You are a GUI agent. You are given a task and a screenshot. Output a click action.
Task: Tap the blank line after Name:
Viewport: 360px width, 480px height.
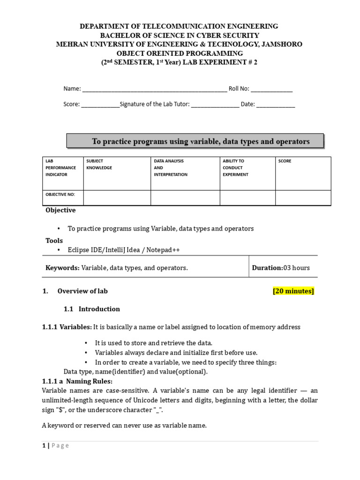pos(154,90)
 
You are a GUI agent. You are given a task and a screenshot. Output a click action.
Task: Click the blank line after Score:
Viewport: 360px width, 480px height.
pos(100,105)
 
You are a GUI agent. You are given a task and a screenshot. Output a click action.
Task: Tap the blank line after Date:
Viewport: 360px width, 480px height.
pos(276,105)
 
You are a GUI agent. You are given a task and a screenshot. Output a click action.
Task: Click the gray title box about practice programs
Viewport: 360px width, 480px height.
pos(195,141)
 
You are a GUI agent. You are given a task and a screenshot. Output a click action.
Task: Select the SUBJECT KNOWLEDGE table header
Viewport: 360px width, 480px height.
pos(99,165)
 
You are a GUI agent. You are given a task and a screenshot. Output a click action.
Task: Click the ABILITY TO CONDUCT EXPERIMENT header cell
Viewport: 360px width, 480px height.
pos(236,168)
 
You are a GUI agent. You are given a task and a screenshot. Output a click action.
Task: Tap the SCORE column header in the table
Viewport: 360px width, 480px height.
pos(285,161)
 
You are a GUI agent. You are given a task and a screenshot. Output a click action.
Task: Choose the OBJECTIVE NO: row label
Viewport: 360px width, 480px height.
pos(60,195)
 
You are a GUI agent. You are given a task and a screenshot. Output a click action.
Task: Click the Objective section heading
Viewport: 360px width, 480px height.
pos(60,210)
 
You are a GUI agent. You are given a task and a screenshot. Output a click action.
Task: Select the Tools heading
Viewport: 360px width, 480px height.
pos(54,240)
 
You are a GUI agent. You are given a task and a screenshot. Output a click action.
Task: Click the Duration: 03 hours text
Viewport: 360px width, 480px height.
pos(281,268)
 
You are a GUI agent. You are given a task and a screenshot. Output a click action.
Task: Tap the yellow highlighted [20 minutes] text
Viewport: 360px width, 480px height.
pos(293,291)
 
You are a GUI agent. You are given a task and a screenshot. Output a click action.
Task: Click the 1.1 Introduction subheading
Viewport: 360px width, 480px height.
pos(92,309)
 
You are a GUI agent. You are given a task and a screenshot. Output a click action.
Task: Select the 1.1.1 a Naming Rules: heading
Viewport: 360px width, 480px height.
pos(77,381)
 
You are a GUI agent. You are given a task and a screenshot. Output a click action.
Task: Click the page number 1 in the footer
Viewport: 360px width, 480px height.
pos(44,446)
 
